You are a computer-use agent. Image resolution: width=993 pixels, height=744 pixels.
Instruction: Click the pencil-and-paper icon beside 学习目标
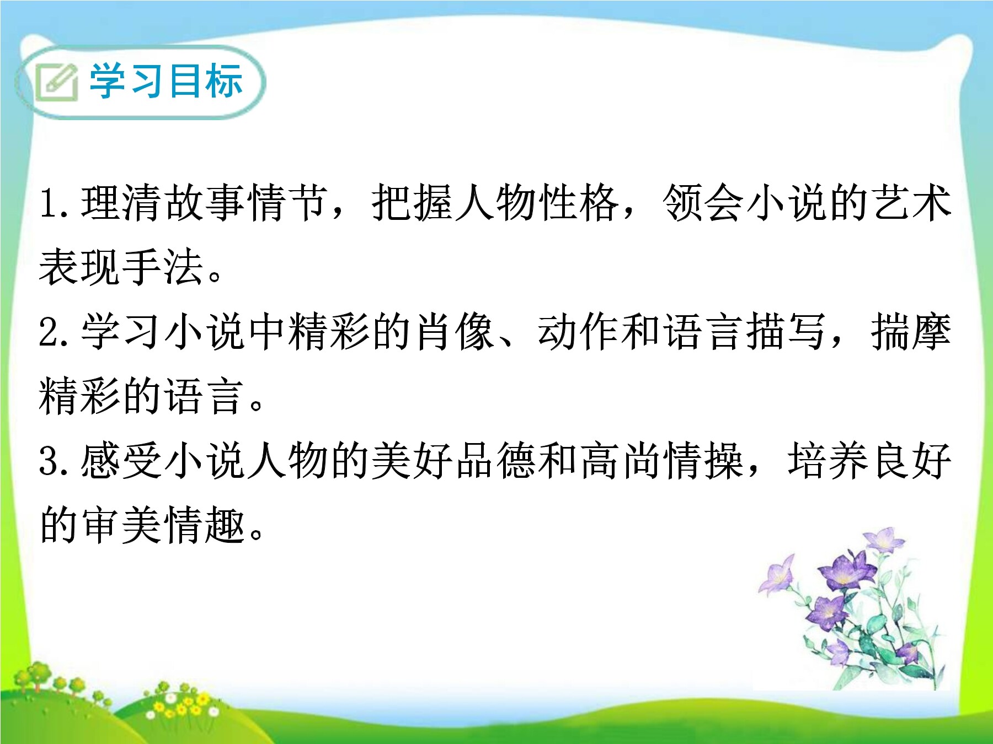(56, 82)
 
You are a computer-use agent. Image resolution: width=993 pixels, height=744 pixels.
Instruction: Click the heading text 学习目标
(166, 81)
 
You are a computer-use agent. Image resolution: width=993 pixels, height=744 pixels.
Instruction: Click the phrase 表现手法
(121, 267)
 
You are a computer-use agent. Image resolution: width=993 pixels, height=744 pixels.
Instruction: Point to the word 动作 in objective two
(579, 331)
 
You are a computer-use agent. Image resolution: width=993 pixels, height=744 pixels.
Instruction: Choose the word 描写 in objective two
(786, 331)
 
